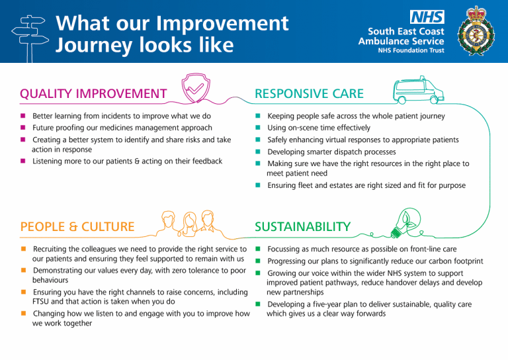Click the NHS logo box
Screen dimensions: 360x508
427,17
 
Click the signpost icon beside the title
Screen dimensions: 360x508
30,33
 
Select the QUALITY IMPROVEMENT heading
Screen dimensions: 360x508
93,94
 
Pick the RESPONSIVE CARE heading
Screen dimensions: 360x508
310,94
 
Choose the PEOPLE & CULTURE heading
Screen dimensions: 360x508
77,226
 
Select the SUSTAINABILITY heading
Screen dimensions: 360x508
302,227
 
